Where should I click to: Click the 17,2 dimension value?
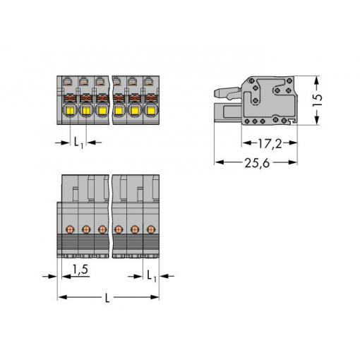pos(270,143)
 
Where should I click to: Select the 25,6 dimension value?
pos(257,163)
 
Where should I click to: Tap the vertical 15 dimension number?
pos(317,100)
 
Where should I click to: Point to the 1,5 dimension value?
pos(80,269)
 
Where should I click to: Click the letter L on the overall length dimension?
pos(107,298)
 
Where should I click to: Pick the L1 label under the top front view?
pos(78,143)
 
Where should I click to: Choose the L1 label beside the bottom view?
pos(152,275)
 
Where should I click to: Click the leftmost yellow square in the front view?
pos(71,110)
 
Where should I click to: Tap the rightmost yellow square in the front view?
pos(151,110)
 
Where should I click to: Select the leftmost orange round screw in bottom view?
pos(70,229)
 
